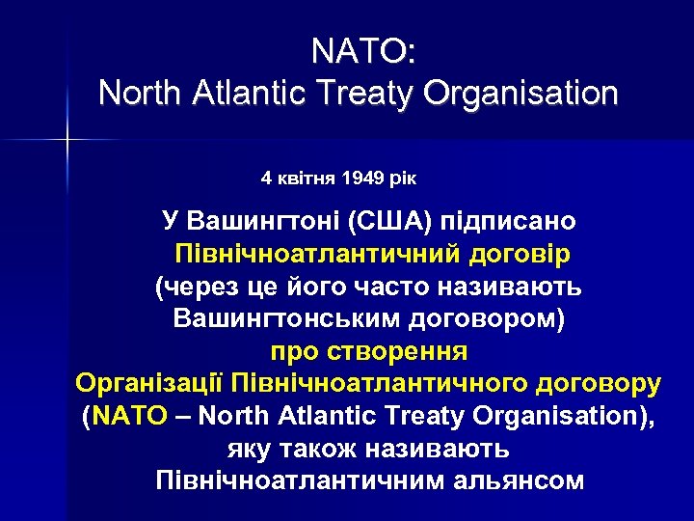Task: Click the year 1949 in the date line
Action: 362,178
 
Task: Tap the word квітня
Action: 307,178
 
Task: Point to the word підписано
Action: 508,221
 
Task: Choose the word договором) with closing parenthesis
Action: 494,318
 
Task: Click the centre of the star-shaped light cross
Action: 68,142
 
